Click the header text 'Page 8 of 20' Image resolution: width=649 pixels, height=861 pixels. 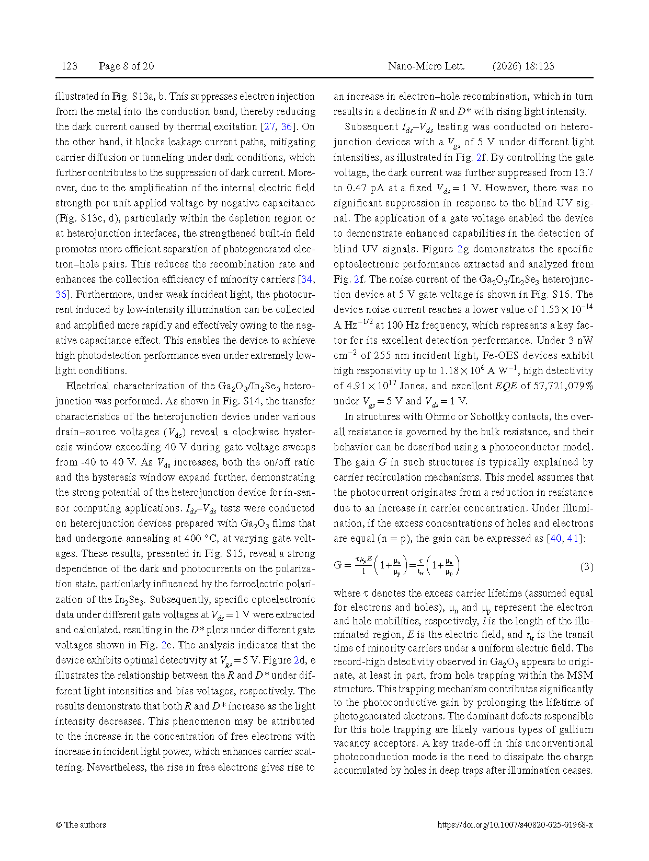coord(126,66)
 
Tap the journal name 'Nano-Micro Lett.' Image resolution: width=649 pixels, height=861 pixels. coord(426,66)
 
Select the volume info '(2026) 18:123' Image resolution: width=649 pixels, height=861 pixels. coord(523,66)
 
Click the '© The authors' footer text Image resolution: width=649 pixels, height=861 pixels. coord(81,824)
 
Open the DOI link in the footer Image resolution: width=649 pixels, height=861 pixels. coord(515,825)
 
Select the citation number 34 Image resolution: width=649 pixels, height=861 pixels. coord(307,280)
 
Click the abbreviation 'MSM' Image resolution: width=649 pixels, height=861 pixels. coord(581,676)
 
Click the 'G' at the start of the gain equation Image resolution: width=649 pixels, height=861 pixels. coord(338,565)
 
